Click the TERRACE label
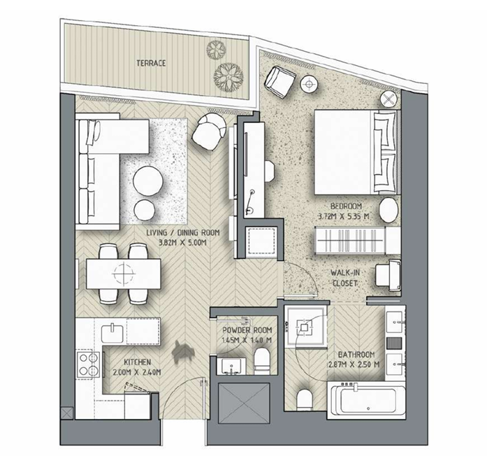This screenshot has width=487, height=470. click(151, 63)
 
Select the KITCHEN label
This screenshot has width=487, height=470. click(137, 362)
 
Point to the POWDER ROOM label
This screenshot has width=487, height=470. click(247, 330)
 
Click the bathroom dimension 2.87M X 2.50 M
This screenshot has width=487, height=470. click(354, 364)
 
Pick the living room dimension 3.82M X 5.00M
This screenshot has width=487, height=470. click(182, 243)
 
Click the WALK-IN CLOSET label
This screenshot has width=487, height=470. click(344, 278)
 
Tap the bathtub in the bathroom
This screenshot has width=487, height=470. click(366, 401)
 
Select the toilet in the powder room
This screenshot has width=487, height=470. click(262, 361)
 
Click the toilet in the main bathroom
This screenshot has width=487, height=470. click(305, 400)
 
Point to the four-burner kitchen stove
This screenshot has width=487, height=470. click(88, 365)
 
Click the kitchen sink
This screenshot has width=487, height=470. click(112, 333)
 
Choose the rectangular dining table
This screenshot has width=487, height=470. click(124, 274)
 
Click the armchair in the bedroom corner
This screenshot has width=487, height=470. click(279, 82)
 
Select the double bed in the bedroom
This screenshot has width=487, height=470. click(356, 152)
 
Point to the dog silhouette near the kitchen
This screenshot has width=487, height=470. click(183, 350)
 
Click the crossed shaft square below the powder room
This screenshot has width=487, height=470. click(244, 404)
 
